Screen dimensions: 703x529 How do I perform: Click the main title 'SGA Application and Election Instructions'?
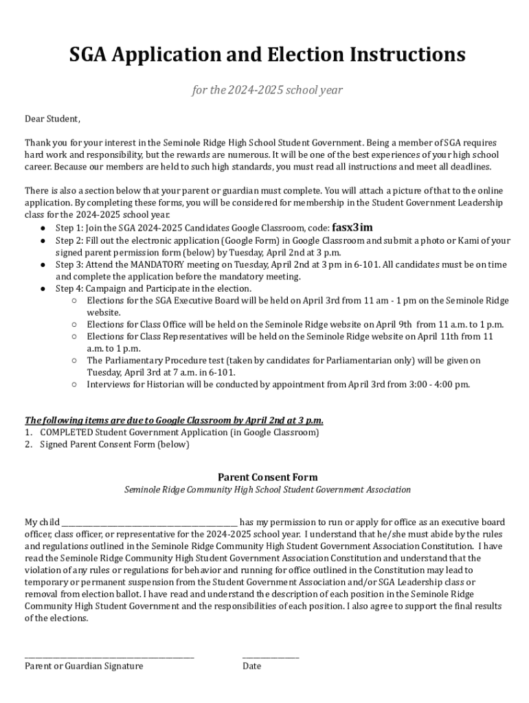click(267, 54)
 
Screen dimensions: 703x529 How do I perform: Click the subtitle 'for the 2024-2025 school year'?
click(267, 91)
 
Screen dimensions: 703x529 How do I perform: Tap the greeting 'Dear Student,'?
click(52, 119)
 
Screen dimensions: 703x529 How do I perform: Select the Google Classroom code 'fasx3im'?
click(352, 228)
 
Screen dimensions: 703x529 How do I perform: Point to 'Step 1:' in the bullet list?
click(70, 229)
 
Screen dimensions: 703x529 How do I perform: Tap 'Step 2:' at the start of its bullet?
click(70, 241)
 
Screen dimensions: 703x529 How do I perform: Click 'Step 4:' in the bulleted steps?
click(70, 289)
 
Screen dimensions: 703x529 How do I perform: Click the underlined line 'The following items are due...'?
click(174, 420)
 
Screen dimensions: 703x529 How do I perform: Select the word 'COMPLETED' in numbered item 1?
click(66, 433)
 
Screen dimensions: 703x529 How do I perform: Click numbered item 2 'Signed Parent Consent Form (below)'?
click(114, 444)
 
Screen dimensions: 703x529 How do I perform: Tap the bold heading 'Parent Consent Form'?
click(267, 477)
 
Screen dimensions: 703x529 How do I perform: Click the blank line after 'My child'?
click(150, 523)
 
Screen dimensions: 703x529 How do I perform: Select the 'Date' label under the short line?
click(251, 666)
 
